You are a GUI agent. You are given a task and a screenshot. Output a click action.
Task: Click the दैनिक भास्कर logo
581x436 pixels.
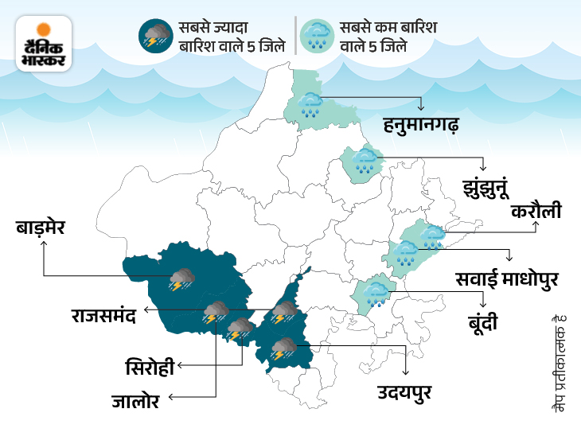[45, 44]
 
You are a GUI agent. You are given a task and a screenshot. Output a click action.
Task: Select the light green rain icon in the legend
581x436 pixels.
[318, 36]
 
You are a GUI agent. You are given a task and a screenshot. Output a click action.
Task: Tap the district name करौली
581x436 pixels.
[536, 211]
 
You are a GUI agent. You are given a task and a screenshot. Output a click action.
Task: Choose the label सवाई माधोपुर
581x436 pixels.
[508, 279]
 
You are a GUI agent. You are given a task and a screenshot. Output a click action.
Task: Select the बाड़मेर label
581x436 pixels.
[45, 229]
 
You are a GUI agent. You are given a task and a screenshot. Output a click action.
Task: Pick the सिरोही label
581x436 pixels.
[150, 368]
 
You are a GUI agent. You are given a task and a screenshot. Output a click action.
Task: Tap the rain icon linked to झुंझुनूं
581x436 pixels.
[365, 162]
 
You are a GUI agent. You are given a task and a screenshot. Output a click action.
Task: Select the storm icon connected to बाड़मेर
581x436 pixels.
[182, 279]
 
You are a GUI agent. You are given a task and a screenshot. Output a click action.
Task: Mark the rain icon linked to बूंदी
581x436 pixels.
[376, 294]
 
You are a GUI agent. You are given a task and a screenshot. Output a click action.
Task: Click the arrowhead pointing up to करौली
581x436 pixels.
[536, 225]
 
